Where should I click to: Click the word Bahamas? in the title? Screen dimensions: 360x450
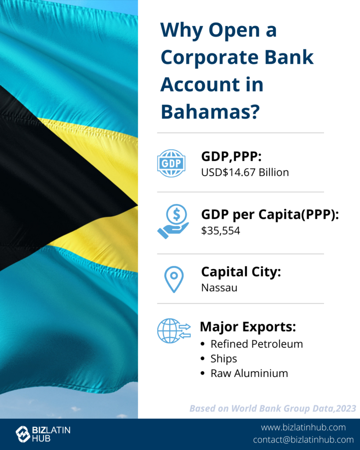(210, 111)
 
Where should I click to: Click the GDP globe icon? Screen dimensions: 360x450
(171, 163)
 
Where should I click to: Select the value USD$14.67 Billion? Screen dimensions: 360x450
(245, 172)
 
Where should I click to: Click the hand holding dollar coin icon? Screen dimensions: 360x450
(173, 221)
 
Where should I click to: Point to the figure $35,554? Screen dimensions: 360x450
(221, 230)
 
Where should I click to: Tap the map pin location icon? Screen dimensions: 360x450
(174, 279)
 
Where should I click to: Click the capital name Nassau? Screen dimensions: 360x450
(219, 287)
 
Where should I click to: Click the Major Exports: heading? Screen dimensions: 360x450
(248, 327)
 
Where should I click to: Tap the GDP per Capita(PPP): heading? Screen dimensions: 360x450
(270, 214)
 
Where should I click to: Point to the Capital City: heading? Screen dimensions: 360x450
(241, 272)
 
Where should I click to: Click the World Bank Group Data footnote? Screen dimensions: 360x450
(273, 408)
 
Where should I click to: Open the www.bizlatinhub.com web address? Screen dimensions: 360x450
(303, 427)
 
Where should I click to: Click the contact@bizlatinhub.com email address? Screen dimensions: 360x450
(303, 439)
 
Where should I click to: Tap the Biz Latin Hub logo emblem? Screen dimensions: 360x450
(23, 434)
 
